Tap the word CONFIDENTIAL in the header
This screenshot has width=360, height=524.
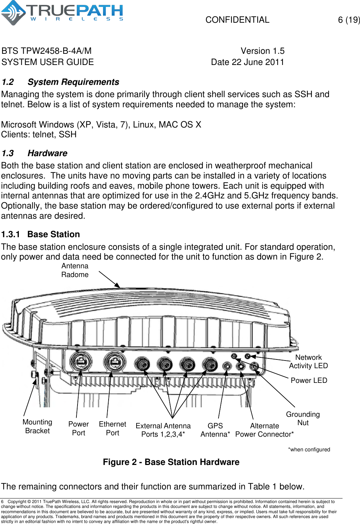(x=237, y=20)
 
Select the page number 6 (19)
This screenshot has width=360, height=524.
(x=348, y=20)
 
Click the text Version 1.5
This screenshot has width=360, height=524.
(x=263, y=51)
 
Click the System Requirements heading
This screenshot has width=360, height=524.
(x=73, y=82)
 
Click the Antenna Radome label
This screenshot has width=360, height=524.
(x=75, y=270)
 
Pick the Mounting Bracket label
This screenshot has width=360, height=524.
(x=37, y=427)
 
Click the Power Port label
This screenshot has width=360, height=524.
(x=79, y=428)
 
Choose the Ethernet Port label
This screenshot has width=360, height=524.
(x=112, y=428)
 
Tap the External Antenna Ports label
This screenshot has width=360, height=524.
(x=163, y=430)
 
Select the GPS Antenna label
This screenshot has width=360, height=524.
(x=215, y=430)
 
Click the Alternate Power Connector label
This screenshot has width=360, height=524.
(x=264, y=430)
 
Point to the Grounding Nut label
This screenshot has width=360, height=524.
(x=303, y=419)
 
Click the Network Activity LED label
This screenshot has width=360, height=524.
(x=308, y=362)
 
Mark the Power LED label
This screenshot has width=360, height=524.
(x=309, y=380)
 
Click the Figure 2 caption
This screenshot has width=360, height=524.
(x=171, y=462)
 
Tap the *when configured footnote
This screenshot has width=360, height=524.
(x=309, y=450)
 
